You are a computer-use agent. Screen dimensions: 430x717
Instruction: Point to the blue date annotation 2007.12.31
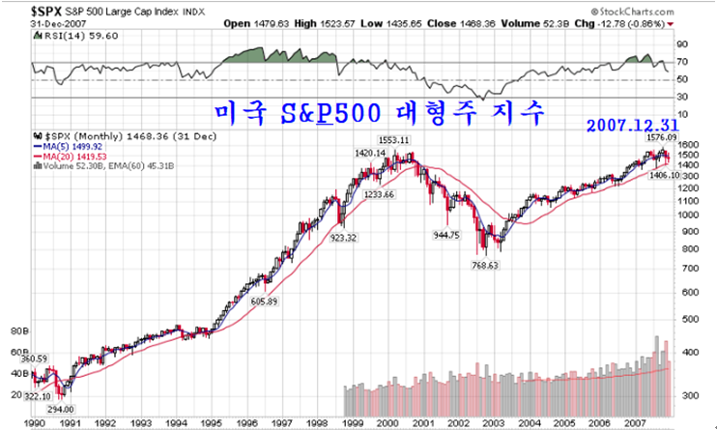pyautogui.click(x=630, y=126)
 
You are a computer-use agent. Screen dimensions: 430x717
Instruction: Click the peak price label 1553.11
pyautogui.click(x=394, y=140)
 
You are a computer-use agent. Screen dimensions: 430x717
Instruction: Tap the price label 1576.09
pyautogui.click(x=661, y=138)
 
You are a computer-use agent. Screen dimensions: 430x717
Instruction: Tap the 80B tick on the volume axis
pyautogui.click(x=16, y=330)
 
